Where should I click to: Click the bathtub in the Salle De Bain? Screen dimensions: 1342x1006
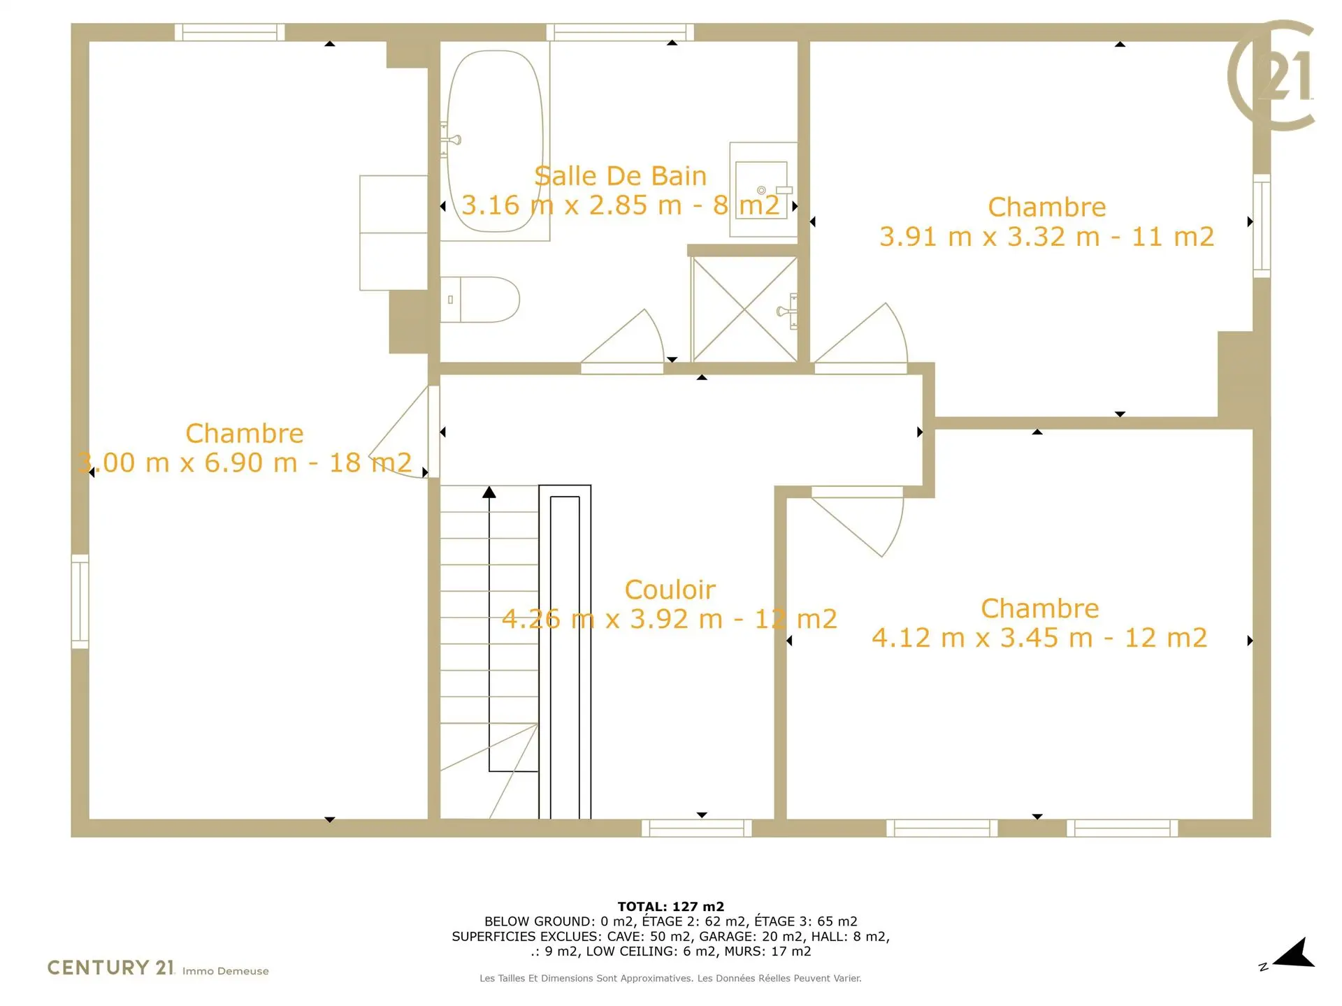pyautogui.click(x=495, y=141)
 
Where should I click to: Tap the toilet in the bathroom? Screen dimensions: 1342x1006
pyautogui.click(x=480, y=300)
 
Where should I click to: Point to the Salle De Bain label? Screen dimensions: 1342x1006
pyautogui.click(x=621, y=176)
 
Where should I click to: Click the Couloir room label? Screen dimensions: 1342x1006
pyautogui.click(x=670, y=590)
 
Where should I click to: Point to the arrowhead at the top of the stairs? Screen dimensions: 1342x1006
pyautogui.click(x=489, y=493)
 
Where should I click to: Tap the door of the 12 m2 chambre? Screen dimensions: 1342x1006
pyautogui.click(x=858, y=521)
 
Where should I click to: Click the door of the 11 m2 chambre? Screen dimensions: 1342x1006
pyautogui.click(x=861, y=338)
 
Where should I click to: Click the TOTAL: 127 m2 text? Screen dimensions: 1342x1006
pyautogui.click(x=670, y=907)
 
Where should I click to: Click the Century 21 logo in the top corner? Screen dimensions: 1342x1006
pyautogui.click(x=1271, y=75)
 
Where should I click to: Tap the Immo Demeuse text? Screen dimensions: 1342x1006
pyautogui.click(x=226, y=971)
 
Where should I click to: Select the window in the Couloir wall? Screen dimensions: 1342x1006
pyautogui.click(x=697, y=828)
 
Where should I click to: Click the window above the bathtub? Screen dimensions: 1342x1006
pyautogui.click(x=620, y=32)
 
